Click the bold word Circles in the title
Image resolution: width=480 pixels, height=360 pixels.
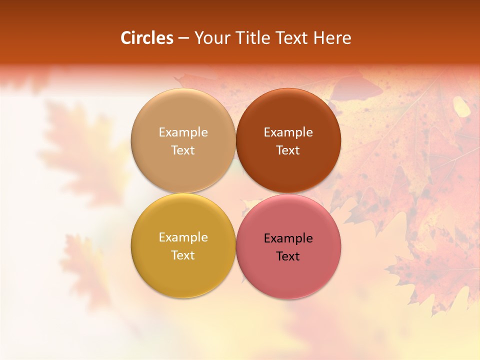[147, 38]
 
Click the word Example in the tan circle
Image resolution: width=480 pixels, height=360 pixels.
[183, 132]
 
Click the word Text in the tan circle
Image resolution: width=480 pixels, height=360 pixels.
[183, 150]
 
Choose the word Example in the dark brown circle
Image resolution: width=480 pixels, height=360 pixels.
[288, 132]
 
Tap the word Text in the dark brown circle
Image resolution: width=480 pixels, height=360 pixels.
[288, 150]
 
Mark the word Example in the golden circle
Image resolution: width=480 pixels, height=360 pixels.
[183, 237]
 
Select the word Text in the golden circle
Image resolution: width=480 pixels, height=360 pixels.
[183, 255]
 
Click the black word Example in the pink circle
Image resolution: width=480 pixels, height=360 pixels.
[288, 238]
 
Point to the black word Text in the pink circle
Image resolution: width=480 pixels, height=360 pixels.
[288, 256]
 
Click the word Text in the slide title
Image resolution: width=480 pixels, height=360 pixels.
[292, 38]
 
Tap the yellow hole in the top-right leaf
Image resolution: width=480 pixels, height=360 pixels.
[461, 106]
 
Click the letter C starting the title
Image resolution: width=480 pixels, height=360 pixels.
[126, 38]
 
